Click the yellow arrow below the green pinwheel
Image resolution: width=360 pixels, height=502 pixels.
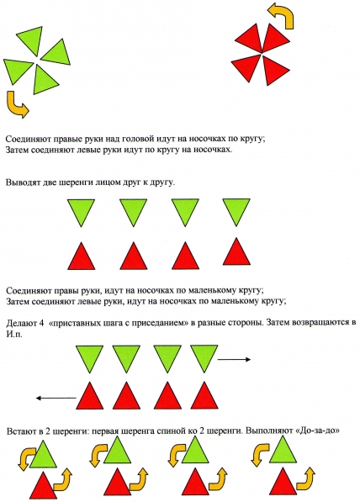(x=15, y=104)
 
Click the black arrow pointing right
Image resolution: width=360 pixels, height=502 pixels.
(x=234, y=360)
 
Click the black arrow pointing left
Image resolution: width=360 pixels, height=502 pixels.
(x=56, y=399)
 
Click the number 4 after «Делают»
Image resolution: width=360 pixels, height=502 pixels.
(x=40, y=322)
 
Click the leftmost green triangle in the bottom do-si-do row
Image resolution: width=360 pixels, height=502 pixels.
(x=43, y=455)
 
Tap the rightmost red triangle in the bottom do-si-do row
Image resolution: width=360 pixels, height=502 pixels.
(x=283, y=485)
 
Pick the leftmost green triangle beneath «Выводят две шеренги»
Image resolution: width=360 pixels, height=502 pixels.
(x=81, y=211)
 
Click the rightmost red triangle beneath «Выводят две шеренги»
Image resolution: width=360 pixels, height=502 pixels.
(x=236, y=254)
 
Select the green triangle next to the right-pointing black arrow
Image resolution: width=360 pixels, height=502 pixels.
(x=204, y=357)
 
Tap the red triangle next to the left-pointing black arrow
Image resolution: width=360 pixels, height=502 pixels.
(x=90, y=397)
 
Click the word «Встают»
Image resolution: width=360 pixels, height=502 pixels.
(x=20, y=431)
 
